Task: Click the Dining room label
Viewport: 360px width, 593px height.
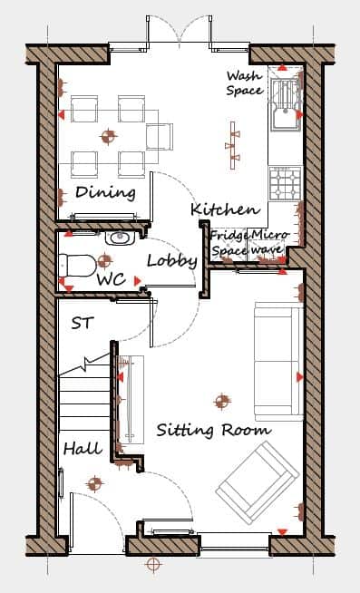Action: (x=105, y=192)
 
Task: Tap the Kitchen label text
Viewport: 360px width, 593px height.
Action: (x=226, y=209)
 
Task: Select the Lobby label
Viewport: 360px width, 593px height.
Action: (x=172, y=260)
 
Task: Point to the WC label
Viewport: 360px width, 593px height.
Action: (x=112, y=279)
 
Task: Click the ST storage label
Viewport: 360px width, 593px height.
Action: (x=83, y=324)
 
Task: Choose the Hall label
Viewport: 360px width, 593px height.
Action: (x=83, y=449)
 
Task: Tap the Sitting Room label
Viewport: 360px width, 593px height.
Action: (x=214, y=431)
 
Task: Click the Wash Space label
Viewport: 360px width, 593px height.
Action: (x=245, y=83)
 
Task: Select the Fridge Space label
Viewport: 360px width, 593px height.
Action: (x=229, y=243)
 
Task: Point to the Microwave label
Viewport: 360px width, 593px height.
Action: (x=268, y=242)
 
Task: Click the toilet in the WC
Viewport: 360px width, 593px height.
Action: (x=77, y=266)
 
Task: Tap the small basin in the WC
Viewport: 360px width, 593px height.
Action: (x=120, y=238)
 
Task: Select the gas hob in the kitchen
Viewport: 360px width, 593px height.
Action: (x=286, y=183)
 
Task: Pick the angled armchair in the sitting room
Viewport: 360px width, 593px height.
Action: (x=258, y=482)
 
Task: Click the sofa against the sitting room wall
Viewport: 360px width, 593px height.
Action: (x=278, y=362)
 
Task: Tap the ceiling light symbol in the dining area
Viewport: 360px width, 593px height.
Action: (x=108, y=137)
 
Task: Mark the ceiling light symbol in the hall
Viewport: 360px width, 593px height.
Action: (x=94, y=483)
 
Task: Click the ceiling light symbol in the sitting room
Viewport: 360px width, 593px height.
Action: (x=222, y=401)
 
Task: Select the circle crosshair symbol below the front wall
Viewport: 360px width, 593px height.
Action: (x=152, y=565)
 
